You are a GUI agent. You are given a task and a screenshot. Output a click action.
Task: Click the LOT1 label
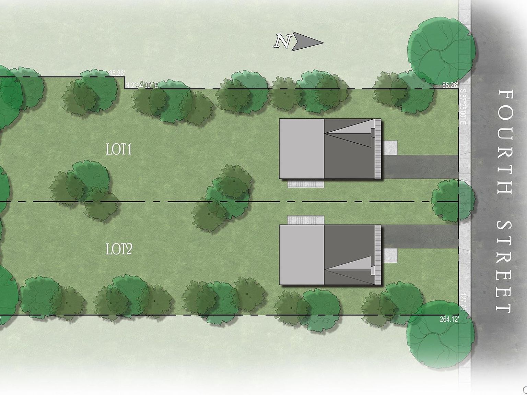click(119, 150)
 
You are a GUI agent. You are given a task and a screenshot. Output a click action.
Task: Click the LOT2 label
click(119, 249)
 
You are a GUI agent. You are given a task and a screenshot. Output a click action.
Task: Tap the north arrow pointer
click(307, 43)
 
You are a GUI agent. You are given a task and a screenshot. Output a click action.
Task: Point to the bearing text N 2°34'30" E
click(142, 85)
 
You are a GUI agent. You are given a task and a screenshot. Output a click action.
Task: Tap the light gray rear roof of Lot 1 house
click(302, 148)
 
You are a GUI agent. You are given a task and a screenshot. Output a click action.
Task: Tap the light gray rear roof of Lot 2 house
click(302, 254)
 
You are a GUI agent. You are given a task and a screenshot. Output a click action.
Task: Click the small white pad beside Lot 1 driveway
click(390, 148)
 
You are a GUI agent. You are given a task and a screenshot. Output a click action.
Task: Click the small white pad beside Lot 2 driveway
click(390, 256)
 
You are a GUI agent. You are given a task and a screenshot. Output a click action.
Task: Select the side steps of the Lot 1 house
click(305, 184)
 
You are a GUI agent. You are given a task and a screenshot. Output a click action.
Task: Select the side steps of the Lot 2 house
click(305, 220)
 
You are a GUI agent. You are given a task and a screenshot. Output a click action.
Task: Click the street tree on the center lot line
click(453, 201)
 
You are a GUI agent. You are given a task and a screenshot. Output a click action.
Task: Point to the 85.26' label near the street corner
click(450, 85)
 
